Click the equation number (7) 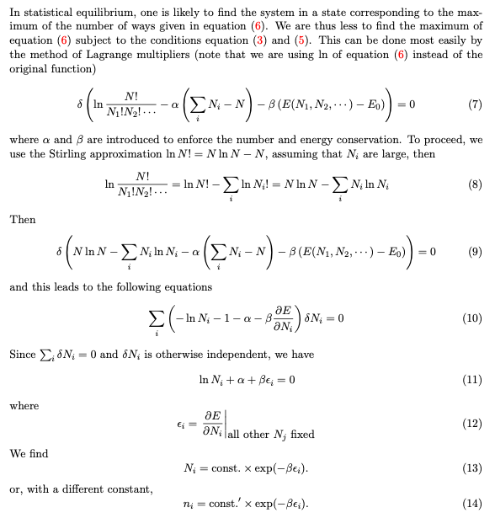point(476,110)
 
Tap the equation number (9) point(476,252)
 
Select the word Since point(23,355)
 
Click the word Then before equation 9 point(23,219)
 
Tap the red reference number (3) point(262,40)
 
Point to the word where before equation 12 point(24,406)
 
